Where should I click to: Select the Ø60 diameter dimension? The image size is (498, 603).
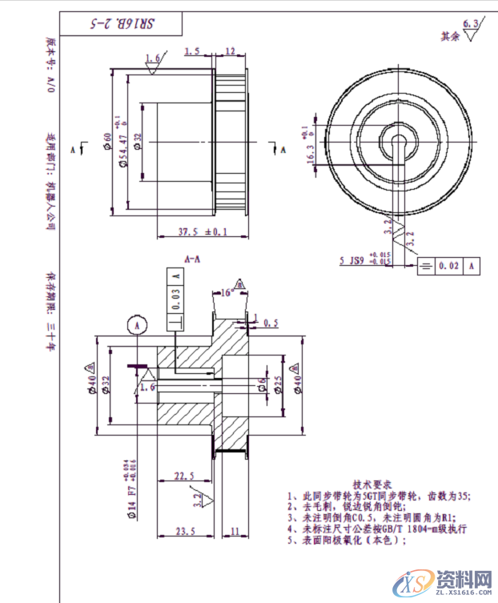(106, 142)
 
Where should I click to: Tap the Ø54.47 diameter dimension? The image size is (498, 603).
(122, 142)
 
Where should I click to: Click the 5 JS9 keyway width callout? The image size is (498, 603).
(351, 261)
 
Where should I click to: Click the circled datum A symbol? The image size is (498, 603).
(137, 326)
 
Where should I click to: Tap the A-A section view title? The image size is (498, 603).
(192, 260)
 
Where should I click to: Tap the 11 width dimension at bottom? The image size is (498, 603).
(235, 530)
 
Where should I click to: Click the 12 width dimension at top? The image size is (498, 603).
(230, 51)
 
